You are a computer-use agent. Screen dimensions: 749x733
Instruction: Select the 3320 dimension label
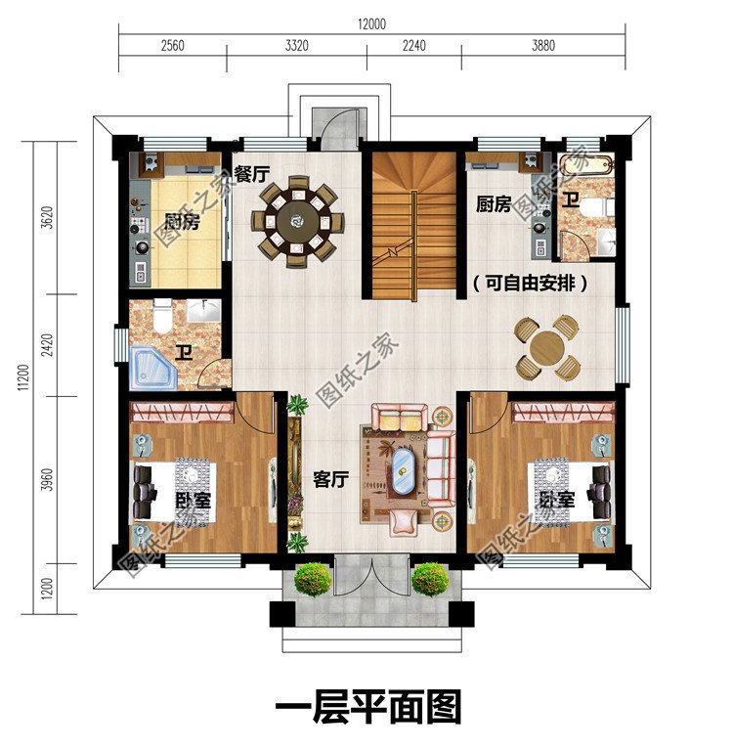296,46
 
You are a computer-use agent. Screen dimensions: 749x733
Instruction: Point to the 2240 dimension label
413,46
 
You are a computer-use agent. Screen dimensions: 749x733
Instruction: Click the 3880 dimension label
542,46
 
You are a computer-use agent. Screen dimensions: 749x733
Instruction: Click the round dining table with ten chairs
295,220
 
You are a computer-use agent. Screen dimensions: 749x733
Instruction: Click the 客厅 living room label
330,480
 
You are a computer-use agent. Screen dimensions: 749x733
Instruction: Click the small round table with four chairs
549,348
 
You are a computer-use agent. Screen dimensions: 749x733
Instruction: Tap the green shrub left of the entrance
312,579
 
